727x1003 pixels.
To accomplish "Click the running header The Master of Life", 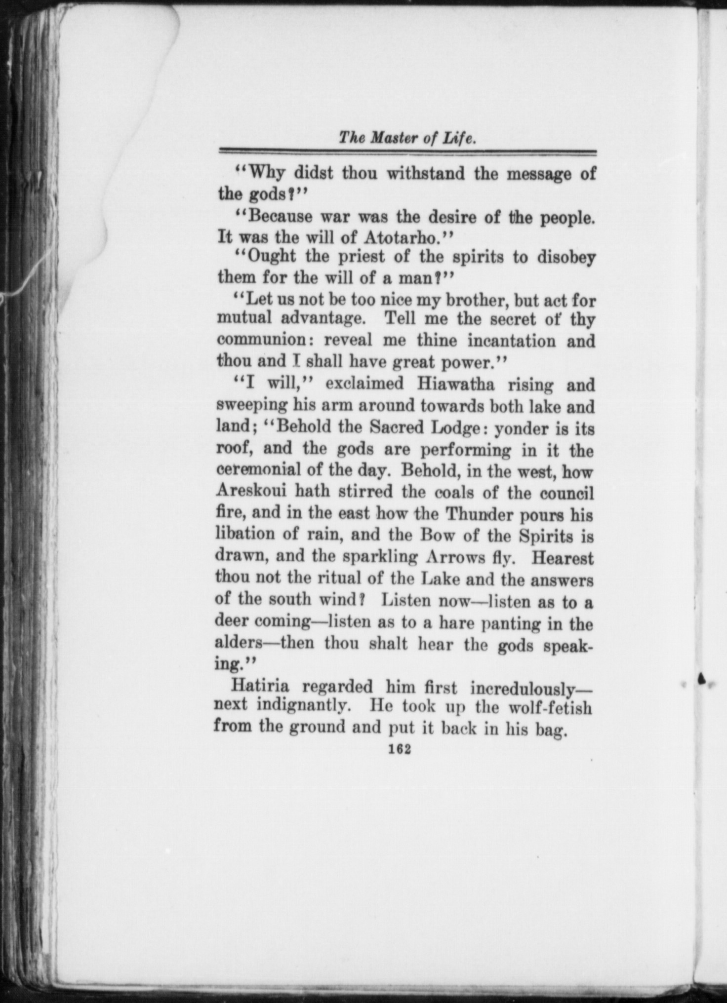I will (x=407, y=139).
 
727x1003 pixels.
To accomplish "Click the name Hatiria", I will (x=261, y=686).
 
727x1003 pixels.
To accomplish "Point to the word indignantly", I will (x=304, y=706).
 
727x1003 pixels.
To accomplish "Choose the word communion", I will (x=260, y=341).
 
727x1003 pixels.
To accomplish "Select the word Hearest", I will (x=564, y=558).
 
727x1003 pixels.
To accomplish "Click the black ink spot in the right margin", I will (x=701, y=679).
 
